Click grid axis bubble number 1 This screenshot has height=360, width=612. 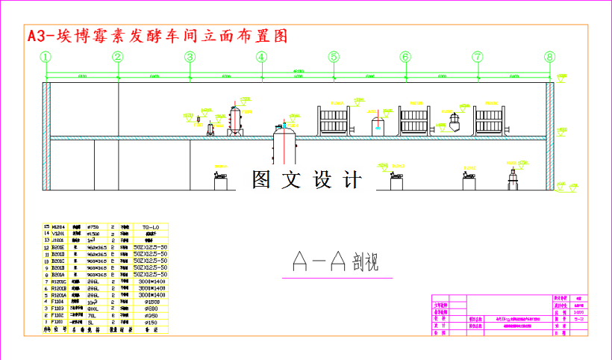point(46,57)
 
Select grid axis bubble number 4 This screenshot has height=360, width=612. point(261,57)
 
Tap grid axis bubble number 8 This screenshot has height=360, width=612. point(550,57)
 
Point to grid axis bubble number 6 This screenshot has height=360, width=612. point(405,57)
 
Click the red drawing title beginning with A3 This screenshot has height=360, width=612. point(157,36)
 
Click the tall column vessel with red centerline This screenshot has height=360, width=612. point(236,120)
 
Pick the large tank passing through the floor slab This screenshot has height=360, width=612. point(284,142)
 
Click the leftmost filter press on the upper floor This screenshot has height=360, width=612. point(334,120)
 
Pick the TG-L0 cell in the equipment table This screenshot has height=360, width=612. point(150,226)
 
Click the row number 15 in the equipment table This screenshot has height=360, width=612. point(46,226)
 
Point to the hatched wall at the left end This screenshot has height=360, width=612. point(46,138)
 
